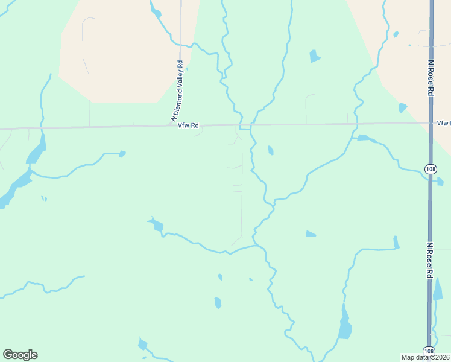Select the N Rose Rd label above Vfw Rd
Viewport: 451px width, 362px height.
pos(431,77)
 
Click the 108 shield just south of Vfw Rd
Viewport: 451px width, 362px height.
pos(430,168)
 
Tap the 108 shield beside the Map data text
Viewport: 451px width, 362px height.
pos(428,351)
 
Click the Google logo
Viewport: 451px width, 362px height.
pos(20,355)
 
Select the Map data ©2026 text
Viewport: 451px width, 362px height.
pos(425,357)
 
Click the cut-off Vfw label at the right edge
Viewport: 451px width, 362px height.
pos(443,123)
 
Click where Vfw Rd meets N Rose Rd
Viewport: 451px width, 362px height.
pos(430,123)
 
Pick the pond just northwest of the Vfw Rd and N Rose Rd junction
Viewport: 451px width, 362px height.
pos(402,108)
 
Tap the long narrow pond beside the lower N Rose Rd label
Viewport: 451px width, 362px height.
pos(438,291)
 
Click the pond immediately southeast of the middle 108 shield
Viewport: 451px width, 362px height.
pos(440,181)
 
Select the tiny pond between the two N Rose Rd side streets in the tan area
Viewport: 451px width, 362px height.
pos(396,34)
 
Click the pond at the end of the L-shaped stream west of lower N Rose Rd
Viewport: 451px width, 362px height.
pos(396,242)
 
